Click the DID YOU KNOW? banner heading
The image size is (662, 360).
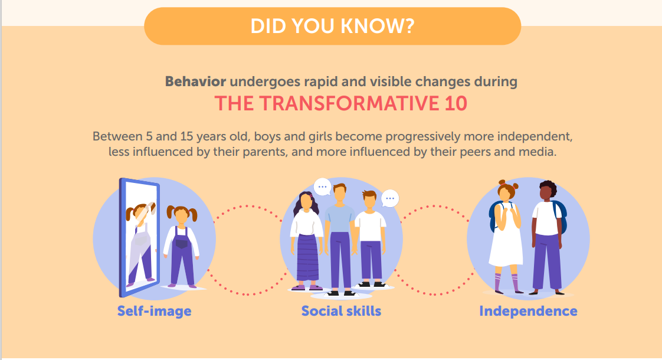pyautogui.click(x=332, y=26)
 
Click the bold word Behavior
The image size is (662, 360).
pyautogui.click(x=195, y=81)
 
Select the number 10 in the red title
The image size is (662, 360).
pyautogui.click(x=453, y=104)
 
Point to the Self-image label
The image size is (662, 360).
pyautogui.click(x=154, y=311)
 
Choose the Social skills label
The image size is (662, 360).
pyautogui.click(x=341, y=311)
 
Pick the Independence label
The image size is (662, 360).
pyautogui.click(x=528, y=311)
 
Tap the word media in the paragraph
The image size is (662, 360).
pyautogui.click(x=539, y=152)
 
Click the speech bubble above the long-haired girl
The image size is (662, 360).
pyautogui.click(x=322, y=187)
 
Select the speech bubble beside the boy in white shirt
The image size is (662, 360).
pyautogui.click(x=389, y=198)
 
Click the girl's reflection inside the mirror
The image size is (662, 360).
pyautogui.click(x=140, y=239)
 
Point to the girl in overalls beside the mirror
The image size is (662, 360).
pyautogui.click(x=181, y=245)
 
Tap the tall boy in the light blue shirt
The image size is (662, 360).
pyautogui.click(x=340, y=236)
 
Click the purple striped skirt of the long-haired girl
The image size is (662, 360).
pyautogui.click(x=307, y=257)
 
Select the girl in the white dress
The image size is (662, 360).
pyautogui.click(x=506, y=236)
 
